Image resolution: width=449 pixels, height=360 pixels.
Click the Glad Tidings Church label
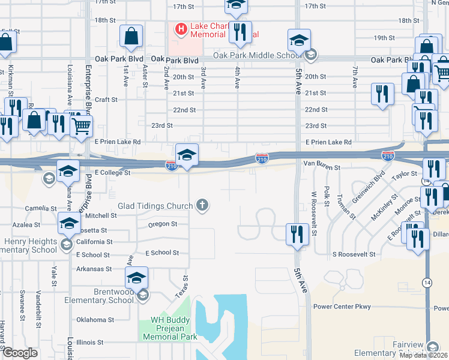(x=155, y=206)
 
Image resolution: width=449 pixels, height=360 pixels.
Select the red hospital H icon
(x=179, y=28)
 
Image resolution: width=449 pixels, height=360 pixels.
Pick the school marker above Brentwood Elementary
(x=137, y=278)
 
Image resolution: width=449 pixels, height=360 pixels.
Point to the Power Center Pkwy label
(x=343, y=307)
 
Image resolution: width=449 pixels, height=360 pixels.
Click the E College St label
(x=112, y=173)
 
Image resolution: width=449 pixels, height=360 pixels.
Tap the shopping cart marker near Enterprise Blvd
(x=81, y=126)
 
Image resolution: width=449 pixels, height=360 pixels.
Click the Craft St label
(x=105, y=100)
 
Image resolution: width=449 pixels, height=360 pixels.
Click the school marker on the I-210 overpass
(x=187, y=155)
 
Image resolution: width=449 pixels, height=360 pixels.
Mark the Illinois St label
(x=90, y=342)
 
